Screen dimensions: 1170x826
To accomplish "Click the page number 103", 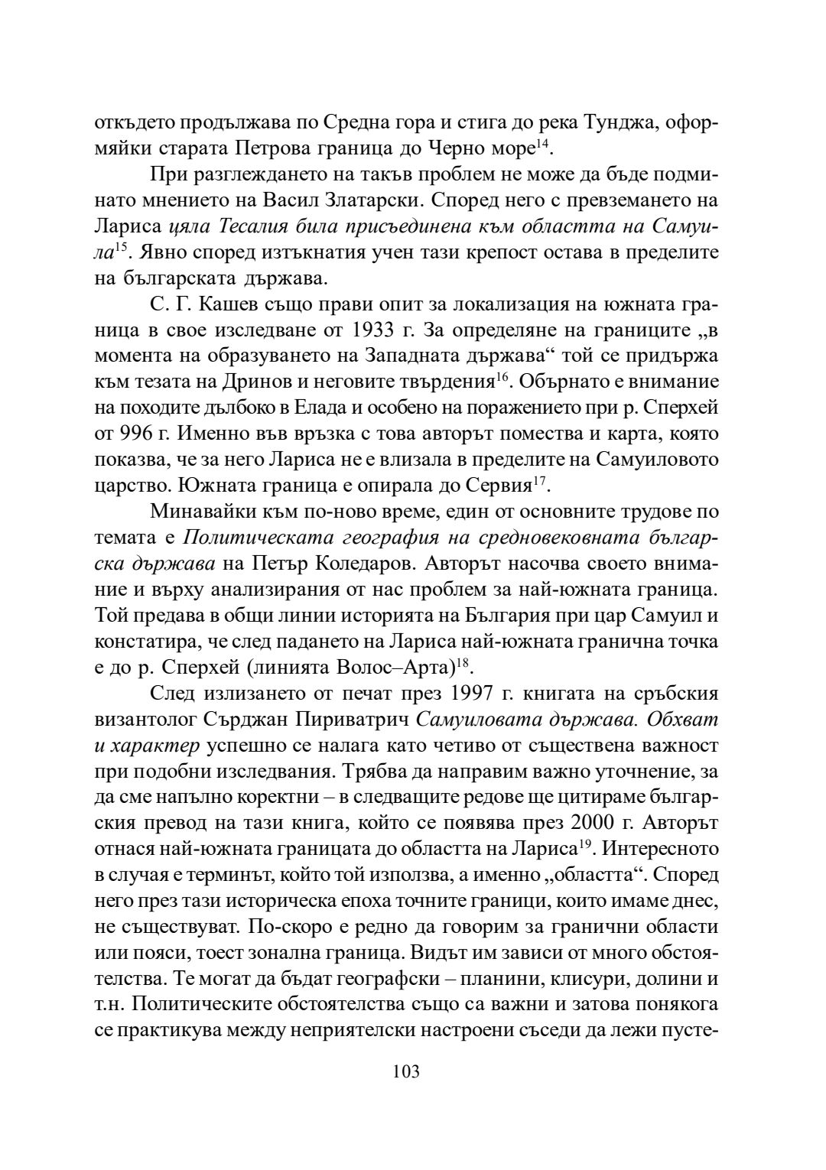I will [406, 1071].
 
